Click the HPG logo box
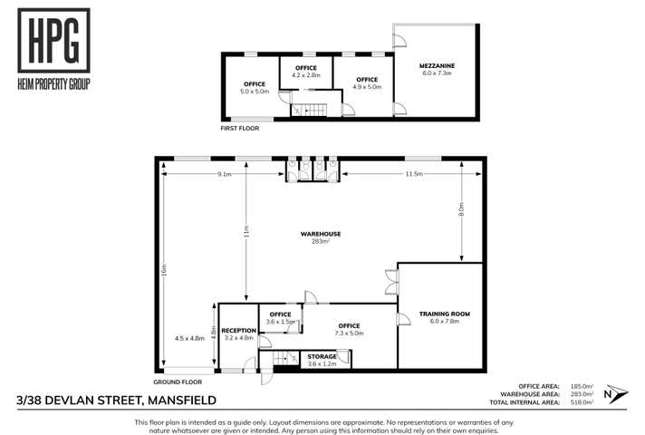tap(53, 42)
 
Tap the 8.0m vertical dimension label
tap(461, 209)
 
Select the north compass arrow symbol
tap(615, 393)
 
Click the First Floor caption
tap(240, 129)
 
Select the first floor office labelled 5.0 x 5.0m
tap(254, 88)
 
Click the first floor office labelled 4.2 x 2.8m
tap(306, 72)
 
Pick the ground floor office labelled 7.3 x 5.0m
tap(349, 329)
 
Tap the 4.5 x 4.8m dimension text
tap(190, 338)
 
